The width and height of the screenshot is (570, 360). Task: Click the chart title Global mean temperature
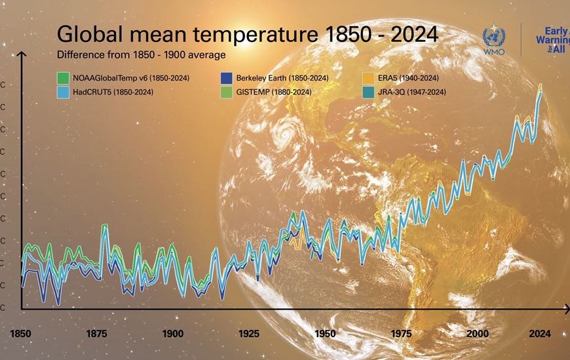(247, 35)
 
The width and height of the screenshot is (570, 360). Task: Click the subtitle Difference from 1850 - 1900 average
(141, 54)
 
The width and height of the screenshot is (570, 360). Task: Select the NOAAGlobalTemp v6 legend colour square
(62, 78)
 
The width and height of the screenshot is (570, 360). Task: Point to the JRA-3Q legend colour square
(368, 92)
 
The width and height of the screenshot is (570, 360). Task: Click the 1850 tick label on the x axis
(21, 334)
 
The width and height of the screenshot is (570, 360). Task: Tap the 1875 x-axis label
(97, 334)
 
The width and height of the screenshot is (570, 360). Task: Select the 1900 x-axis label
(173, 334)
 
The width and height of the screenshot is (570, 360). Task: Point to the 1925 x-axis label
(249, 334)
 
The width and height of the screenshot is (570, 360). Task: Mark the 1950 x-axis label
(325, 334)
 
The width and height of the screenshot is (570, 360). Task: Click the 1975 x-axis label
(401, 334)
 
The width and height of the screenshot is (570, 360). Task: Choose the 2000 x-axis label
(478, 334)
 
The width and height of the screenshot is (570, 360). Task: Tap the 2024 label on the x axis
(540, 334)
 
